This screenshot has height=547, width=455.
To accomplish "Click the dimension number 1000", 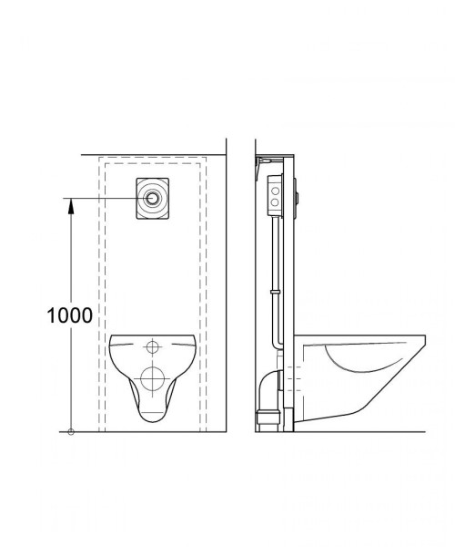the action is [70, 315].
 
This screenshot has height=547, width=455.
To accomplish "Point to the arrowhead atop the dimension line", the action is [71, 205].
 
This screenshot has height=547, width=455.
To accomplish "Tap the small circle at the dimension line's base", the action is [71, 432].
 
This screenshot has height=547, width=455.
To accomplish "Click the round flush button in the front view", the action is [153, 198].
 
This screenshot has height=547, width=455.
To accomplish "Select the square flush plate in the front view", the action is [153, 199].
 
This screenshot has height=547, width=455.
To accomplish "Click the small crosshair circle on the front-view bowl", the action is [153, 347].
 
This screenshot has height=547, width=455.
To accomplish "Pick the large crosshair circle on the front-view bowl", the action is [153, 379].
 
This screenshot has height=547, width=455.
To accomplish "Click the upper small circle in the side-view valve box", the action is [276, 191].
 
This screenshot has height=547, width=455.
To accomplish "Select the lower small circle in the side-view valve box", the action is [275, 202].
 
